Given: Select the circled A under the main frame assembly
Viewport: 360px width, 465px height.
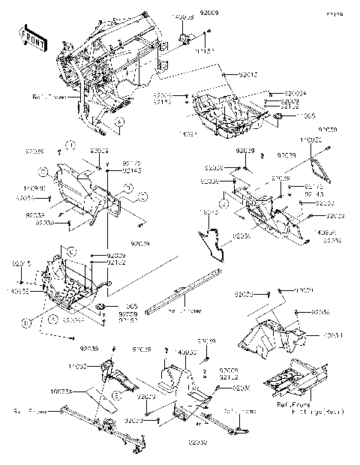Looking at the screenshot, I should click(118, 121).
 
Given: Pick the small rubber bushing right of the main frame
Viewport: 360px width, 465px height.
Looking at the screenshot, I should click(184, 38).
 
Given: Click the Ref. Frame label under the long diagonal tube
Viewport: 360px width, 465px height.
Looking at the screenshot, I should click(182, 310).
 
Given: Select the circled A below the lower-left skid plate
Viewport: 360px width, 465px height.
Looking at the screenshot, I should click(52, 317).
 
